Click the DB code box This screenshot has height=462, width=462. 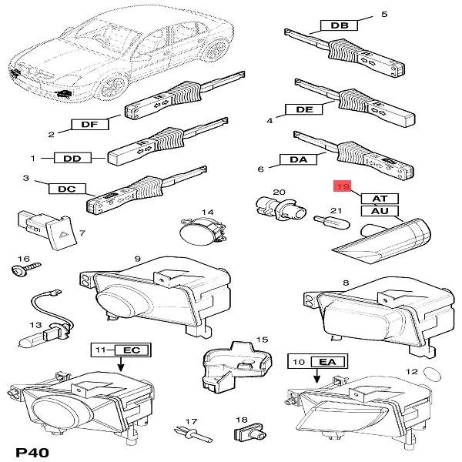[339, 25]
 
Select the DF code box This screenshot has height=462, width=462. [90, 124]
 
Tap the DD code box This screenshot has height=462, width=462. [72, 158]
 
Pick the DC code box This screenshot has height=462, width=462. [67, 189]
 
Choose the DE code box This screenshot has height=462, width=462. [304, 109]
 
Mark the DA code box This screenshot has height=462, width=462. [298, 159]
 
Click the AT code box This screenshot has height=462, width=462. [380, 199]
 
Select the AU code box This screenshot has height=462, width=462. [380, 211]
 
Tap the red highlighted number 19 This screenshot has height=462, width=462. [343, 186]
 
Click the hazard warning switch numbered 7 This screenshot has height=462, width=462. [49, 229]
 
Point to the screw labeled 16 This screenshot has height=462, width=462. [25, 269]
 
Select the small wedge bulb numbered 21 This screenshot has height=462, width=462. [332, 223]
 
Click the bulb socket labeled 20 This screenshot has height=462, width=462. [281, 209]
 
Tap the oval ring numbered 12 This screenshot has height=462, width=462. [432, 374]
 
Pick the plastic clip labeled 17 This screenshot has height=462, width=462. [193, 434]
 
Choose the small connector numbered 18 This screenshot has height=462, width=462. [249, 433]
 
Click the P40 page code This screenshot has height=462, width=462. [32, 452]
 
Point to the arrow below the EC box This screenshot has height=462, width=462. [121, 364]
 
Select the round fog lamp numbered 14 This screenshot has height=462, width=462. [203, 232]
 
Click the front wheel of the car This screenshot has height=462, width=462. [112, 85]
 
